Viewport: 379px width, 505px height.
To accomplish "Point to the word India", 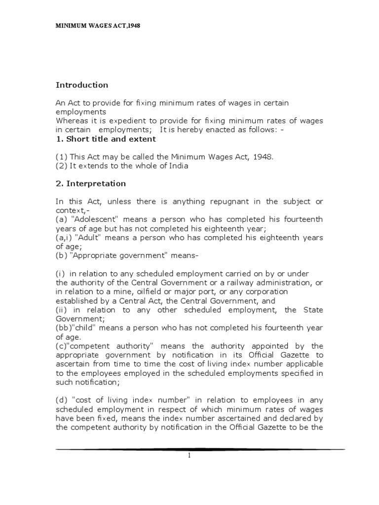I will (178, 166).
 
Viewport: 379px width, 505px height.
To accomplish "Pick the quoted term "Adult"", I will (96, 238).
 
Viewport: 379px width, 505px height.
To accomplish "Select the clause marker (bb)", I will (63, 328).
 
